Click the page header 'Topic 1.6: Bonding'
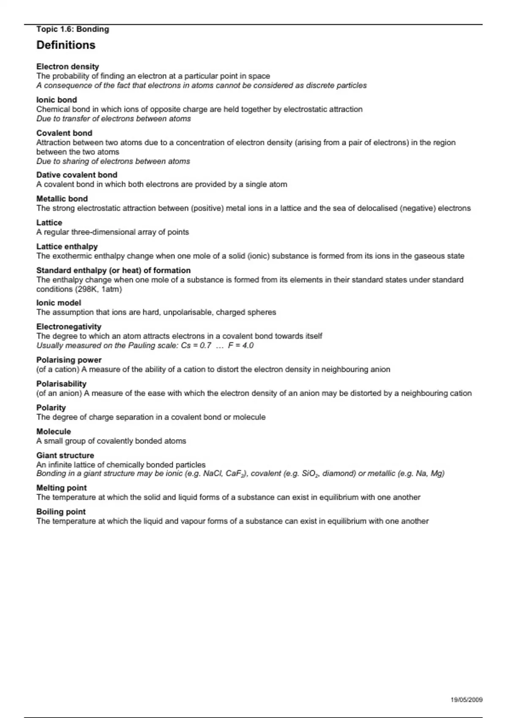tap(73, 29)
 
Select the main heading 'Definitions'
tap(66, 45)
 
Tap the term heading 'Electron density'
tap(68, 66)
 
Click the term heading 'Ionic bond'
tap(57, 100)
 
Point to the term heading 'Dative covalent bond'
tap(77, 175)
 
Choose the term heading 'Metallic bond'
tap(62, 199)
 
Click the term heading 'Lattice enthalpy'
tap(67, 246)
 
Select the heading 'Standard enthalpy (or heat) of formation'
tap(113, 270)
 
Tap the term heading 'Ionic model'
tap(59, 303)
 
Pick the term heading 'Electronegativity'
tap(69, 326)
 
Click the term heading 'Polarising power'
tap(69, 360)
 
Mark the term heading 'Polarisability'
tap(61, 383)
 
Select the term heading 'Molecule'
tap(54, 431)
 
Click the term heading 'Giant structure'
tap(65, 455)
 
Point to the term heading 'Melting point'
tap(62, 488)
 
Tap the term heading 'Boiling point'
tap(61, 511)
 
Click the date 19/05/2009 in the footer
tap(466, 700)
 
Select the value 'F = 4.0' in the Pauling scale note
tap(241, 345)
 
